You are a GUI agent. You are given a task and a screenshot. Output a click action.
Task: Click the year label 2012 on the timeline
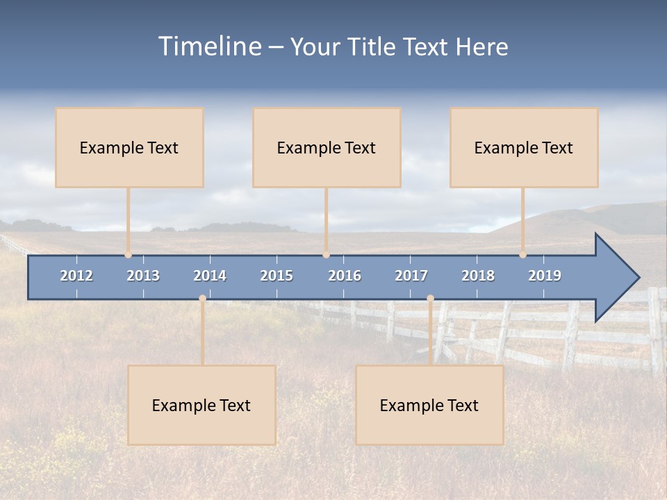76,276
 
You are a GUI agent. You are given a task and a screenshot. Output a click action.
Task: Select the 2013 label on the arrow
143,276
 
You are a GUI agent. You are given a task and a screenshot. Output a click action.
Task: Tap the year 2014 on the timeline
210,276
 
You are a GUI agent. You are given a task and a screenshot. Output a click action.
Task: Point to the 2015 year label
277,276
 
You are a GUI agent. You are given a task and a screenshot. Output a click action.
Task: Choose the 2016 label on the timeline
345,276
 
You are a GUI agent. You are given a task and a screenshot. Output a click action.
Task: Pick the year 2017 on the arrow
411,276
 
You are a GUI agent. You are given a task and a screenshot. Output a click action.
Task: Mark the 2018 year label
478,276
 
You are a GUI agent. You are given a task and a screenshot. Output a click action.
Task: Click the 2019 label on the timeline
545,276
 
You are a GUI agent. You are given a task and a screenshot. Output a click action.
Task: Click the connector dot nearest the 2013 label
129,255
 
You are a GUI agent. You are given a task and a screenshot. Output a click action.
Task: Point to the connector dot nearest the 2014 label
202,299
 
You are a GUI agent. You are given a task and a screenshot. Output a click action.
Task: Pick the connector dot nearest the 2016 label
326,255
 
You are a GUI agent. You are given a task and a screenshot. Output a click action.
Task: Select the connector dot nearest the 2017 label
430,299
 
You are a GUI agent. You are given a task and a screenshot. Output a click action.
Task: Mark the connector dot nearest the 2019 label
522,255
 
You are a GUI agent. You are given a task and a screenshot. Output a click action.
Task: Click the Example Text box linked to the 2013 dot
129,147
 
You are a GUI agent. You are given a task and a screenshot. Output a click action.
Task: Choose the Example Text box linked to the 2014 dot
201,405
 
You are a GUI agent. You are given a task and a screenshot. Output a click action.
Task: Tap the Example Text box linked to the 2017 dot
429,405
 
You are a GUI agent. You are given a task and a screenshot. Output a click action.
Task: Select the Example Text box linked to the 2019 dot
524,147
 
